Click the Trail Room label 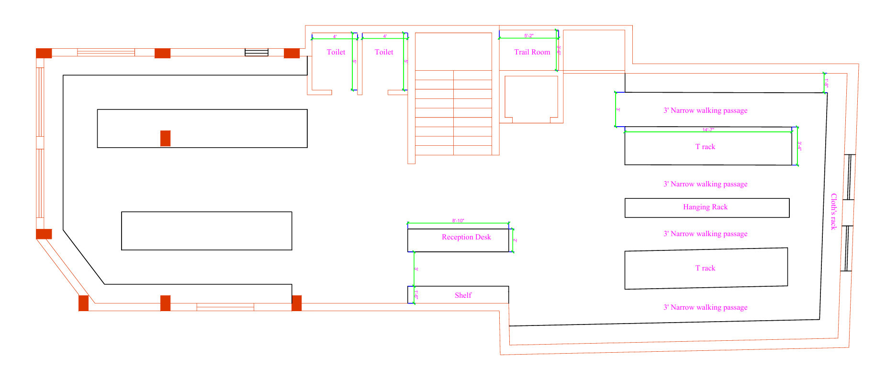point(532,52)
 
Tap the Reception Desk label point(466,237)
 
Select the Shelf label point(463,295)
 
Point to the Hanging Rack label point(705,207)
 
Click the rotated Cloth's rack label point(833,212)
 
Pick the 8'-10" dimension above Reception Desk point(458,221)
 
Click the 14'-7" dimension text point(708,130)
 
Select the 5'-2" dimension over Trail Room point(528,36)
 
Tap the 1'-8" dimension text point(827,83)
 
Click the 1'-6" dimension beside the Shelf point(416,295)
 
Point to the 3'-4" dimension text point(799,146)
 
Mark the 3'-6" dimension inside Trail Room point(559,50)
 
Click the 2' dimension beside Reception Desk point(515,240)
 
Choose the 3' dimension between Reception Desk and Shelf point(416,269)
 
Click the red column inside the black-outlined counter point(165,138)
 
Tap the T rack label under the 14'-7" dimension point(705,147)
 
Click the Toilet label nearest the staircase point(384,52)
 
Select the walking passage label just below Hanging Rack point(705,234)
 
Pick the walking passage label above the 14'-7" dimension point(705,110)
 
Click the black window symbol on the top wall point(257,52)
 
